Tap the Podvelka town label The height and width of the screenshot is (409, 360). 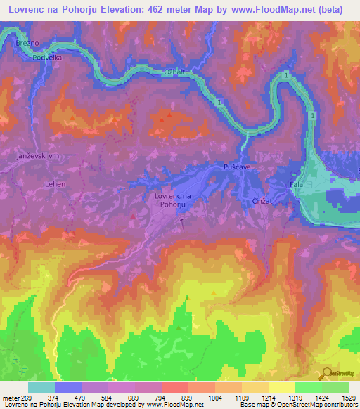pos(47,58)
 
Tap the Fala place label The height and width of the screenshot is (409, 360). pos(296,185)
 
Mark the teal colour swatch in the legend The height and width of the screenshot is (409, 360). pos(41,387)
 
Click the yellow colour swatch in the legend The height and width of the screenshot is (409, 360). pos(282,387)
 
